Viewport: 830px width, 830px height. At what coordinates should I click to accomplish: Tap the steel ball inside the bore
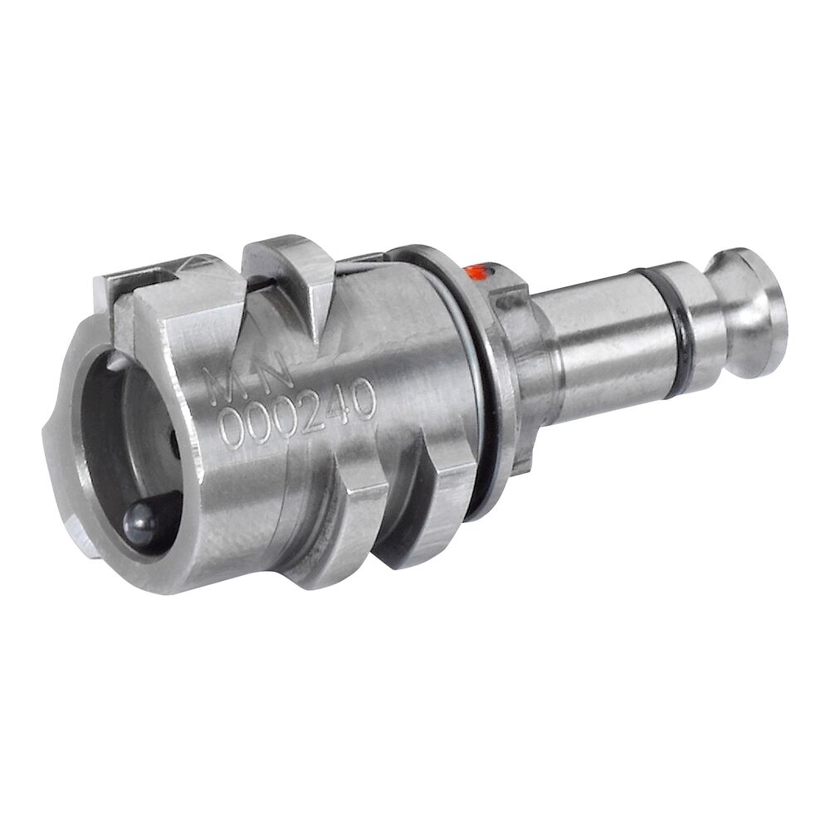coord(139,520)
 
